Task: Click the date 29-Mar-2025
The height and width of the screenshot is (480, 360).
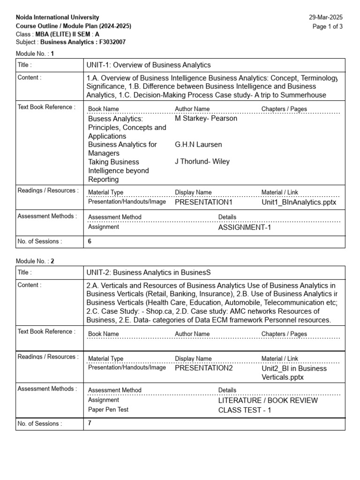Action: coord(326,17)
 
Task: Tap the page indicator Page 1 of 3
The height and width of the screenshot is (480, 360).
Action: coord(328,26)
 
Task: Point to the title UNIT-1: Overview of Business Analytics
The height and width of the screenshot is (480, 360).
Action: coord(149,65)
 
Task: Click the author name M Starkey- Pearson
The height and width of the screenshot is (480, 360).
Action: coord(206,119)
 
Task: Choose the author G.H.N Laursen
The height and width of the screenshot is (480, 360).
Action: coord(198,144)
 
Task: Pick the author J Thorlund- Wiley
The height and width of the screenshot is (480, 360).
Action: coord(202,162)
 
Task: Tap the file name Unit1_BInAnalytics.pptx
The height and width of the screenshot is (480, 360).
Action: coord(299,202)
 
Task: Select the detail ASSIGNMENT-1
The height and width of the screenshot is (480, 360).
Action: coord(245,228)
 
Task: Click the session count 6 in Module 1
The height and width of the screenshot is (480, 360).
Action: coord(90,241)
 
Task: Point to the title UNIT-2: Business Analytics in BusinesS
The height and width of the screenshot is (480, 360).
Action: coord(149,272)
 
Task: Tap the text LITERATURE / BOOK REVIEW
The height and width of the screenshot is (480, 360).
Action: coord(268,401)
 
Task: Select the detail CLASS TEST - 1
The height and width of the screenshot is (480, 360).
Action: coord(245,411)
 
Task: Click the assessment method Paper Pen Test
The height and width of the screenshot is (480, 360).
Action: coord(108,410)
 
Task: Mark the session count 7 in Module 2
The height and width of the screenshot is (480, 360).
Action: coord(90,423)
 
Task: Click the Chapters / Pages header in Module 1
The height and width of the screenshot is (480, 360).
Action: coord(284,109)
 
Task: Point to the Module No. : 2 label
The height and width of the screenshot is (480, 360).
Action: coord(35,261)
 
